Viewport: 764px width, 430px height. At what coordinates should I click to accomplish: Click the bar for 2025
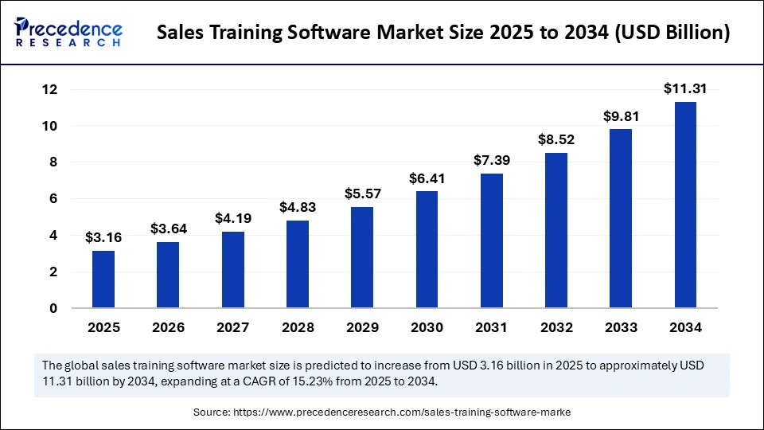103,279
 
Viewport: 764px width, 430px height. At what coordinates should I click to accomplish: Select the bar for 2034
685,205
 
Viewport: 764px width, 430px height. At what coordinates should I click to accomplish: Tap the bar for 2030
427,249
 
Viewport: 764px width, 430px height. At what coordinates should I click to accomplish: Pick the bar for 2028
298,264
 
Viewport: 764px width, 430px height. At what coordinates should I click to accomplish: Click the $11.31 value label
685,89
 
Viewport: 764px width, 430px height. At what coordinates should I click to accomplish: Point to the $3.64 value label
168,229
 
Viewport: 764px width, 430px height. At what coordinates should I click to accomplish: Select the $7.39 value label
491,161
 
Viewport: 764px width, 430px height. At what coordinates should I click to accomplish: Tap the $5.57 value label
362,193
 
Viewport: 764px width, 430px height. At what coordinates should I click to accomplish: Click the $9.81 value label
621,116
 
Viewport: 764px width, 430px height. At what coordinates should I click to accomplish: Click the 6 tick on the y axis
53,199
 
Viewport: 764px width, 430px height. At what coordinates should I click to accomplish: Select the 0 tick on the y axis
53,308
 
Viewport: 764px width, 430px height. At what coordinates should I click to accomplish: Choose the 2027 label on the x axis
232,327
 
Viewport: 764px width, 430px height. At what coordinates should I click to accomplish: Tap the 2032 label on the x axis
555,327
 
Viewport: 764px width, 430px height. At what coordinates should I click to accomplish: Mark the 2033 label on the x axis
621,327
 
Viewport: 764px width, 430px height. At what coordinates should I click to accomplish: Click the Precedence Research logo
68,33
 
